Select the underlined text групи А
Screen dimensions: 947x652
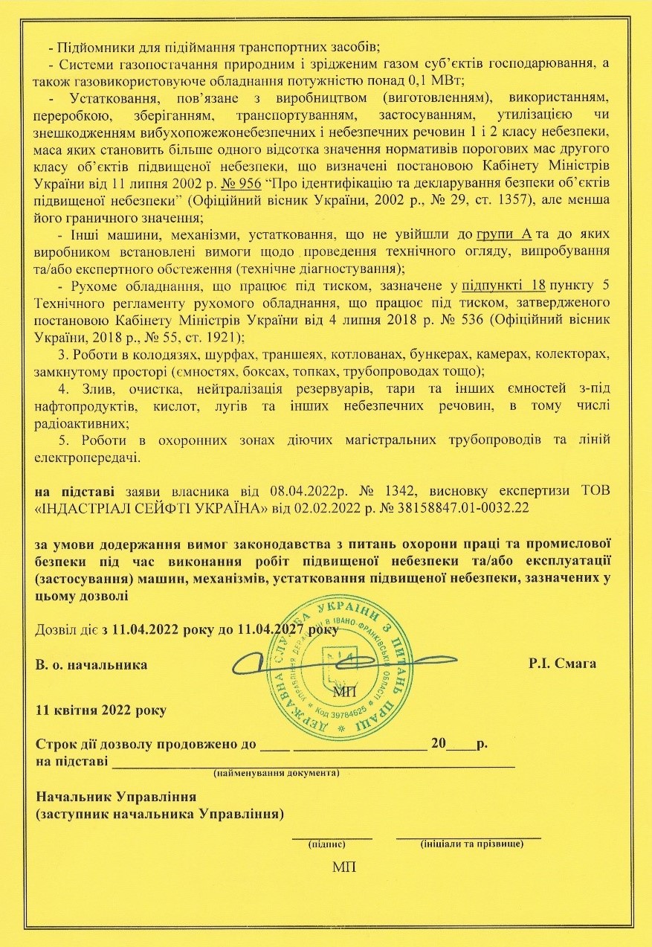(x=505, y=234)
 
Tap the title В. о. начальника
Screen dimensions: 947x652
(x=91, y=662)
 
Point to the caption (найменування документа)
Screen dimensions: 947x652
(x=277, y=773)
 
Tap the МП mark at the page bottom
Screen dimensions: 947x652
(x=344, y=868)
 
